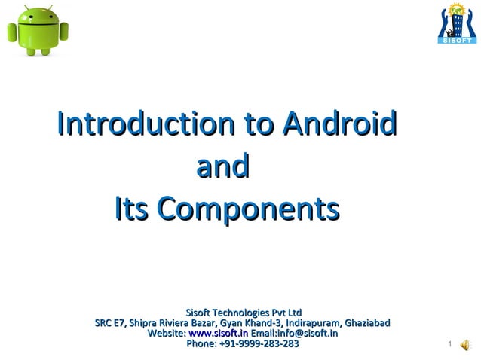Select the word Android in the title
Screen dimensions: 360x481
[x=339, y=123]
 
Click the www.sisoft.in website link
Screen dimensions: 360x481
[x=218, y=333]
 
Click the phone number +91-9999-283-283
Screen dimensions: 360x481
[x=259, y=343]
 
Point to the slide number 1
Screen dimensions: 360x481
[x=449, y=346]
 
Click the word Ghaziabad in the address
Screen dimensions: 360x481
[x=366, y=323]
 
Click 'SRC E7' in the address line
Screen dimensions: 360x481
[x=110, y=323]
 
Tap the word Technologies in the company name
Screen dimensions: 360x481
[x=240, y=313]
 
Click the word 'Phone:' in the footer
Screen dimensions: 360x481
[x=201, y=343]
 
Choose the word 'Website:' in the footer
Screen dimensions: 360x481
[x=167, y=333]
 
